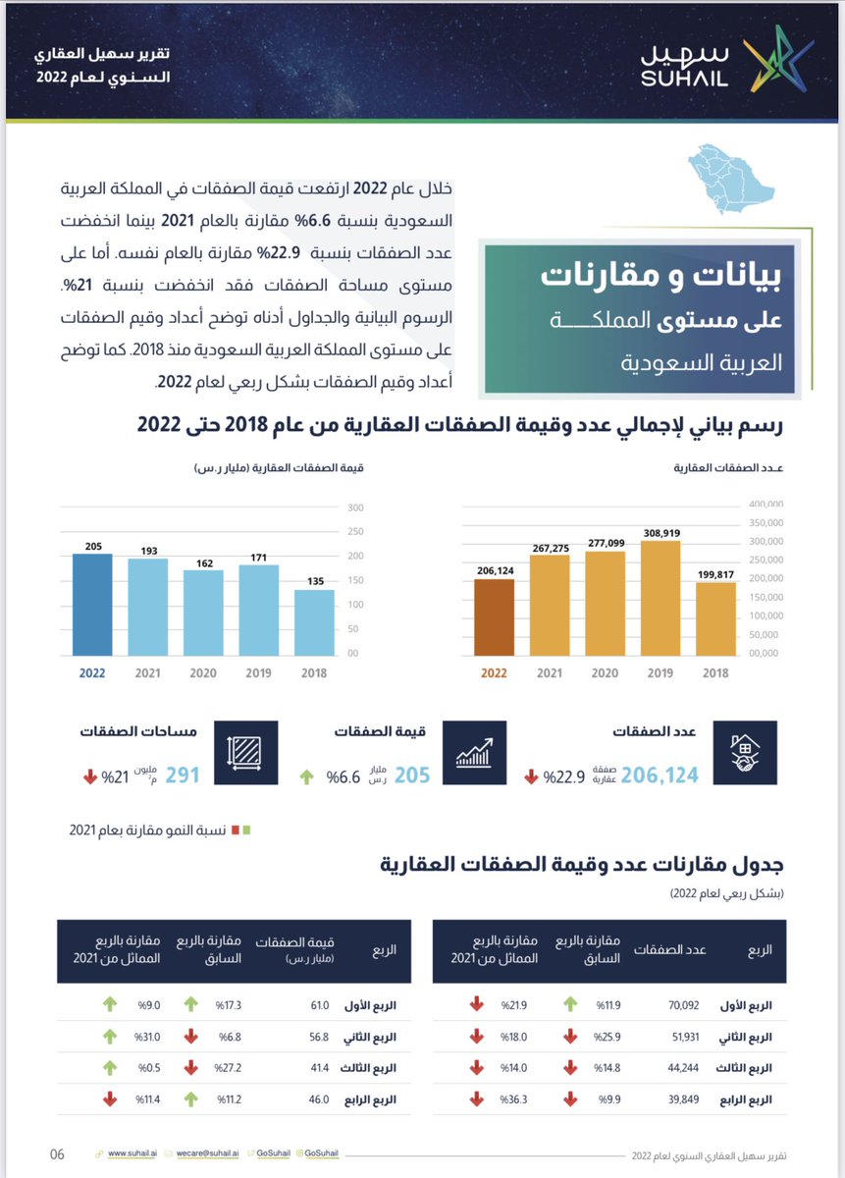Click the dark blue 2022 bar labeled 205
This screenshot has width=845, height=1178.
[x=92, y=604]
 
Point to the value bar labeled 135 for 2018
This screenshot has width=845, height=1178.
[x=314, y=621]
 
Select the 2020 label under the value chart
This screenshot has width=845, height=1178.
[x=203, y=674]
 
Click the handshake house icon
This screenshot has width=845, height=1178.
[x=744, y=753]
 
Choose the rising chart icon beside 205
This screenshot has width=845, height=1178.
[x=474, y=753]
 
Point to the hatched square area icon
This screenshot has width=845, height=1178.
[x=245, y=753]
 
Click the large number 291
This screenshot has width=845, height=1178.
[x=182, y=775]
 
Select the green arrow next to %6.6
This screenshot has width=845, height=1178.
[x=307, y=776]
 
